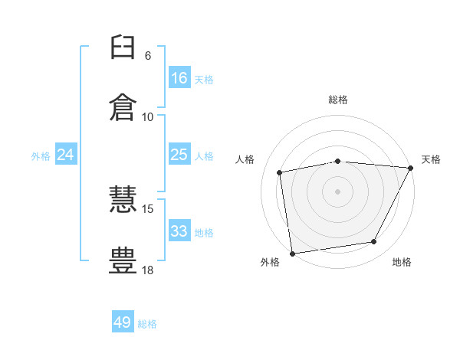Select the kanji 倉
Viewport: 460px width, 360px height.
123,106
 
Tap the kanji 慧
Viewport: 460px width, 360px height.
123,201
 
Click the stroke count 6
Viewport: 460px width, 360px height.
148,56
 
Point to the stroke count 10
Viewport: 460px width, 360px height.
148,117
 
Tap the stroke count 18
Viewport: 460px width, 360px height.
148,270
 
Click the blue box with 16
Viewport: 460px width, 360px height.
179,78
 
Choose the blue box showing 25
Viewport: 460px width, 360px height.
179,155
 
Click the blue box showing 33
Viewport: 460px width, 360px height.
179,231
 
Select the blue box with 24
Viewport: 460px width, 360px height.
66,155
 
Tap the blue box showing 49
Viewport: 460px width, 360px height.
123,322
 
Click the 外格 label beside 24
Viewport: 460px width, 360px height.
41,156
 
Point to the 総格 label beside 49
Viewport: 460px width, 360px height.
147,324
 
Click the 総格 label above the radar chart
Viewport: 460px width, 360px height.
338,100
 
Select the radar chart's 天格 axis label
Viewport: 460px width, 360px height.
431,159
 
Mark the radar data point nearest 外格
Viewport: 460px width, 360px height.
292,253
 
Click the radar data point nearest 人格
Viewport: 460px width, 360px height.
280,172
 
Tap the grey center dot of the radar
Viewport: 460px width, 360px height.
338,191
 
